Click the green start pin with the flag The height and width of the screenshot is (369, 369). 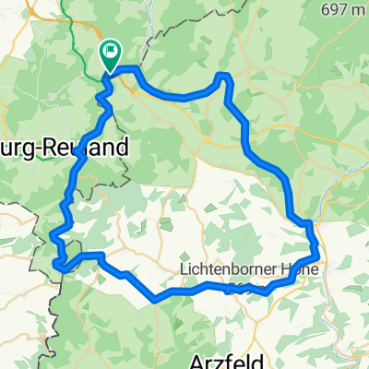(x=110, y=56)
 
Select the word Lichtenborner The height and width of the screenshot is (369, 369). (x=227, y=269)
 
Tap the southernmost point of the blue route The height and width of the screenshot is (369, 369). (x=157, y=300)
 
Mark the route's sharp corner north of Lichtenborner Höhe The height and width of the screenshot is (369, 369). (x=309, y=222)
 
